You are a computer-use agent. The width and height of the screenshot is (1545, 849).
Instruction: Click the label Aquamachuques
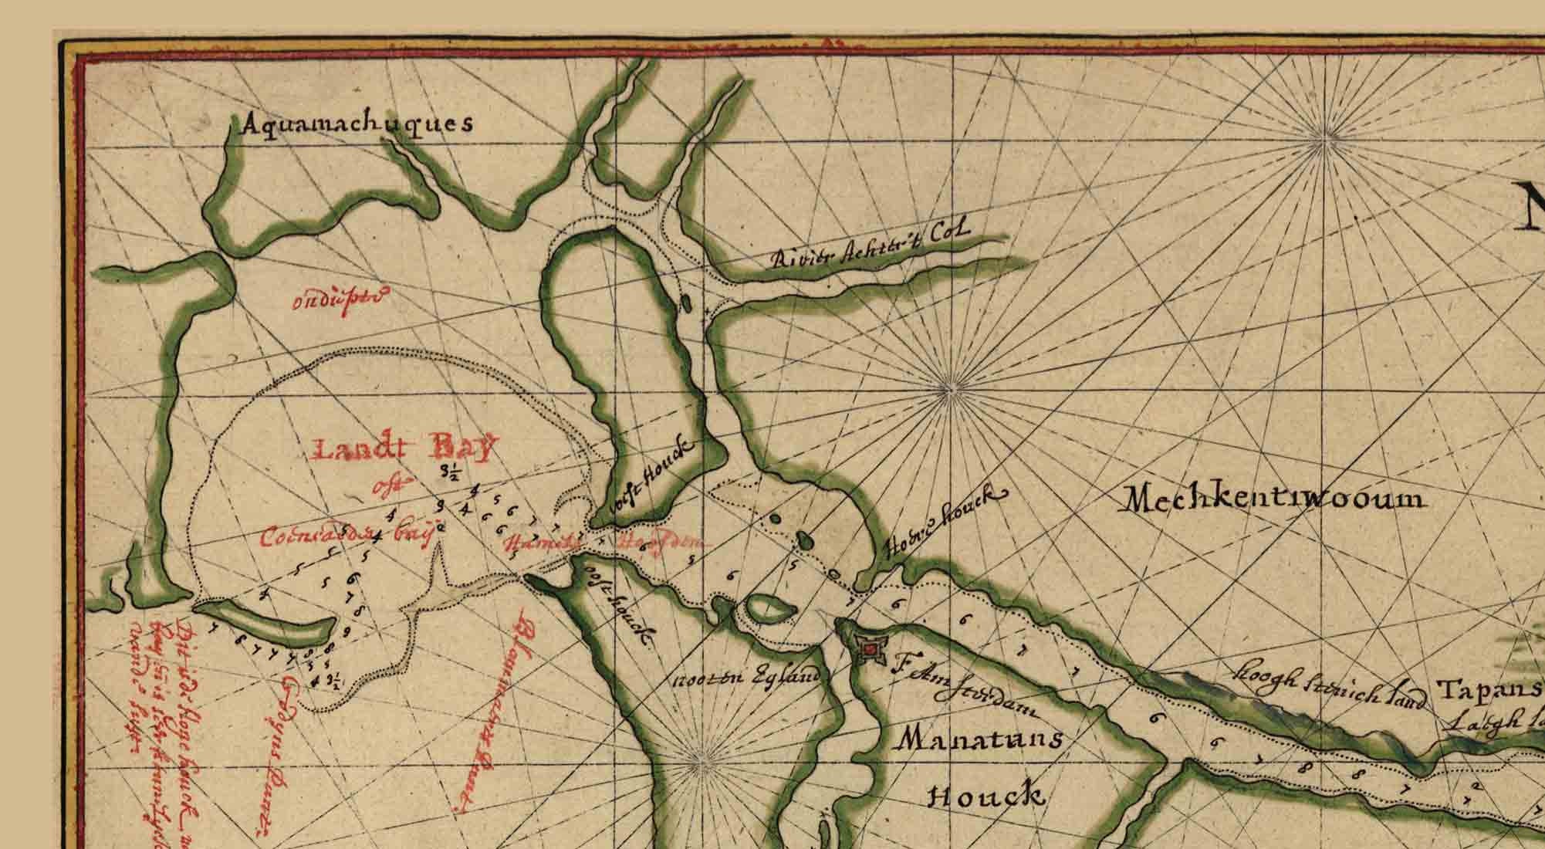click(357, 124)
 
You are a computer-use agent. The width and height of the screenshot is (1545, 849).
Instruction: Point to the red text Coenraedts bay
click(343, 536)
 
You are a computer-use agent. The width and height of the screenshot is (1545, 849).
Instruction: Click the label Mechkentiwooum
click(1273, 499)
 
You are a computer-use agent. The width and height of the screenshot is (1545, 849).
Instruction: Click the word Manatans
click(979, 740)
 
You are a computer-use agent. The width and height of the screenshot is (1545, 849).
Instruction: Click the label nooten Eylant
click(745, 678)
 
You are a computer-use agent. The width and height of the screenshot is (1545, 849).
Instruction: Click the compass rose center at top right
click(1329, 140)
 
